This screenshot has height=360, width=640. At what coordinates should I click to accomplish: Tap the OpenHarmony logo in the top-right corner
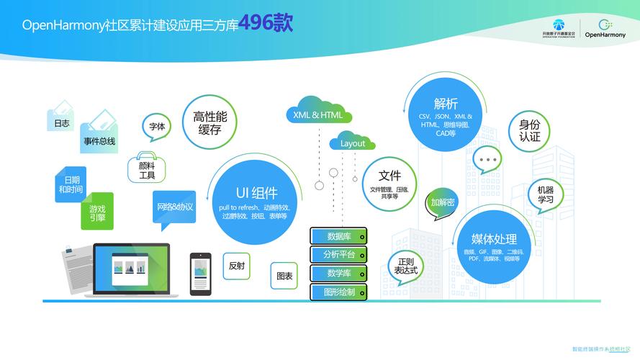point(605,28)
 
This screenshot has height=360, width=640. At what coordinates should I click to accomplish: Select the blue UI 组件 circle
point(256,195)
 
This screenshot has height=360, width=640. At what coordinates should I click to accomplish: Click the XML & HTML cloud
point(317,114)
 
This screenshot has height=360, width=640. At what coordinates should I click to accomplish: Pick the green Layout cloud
point(353,143)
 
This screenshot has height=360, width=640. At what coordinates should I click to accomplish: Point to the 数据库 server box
point(338,236)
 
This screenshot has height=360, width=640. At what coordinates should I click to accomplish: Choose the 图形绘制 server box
point(338,292)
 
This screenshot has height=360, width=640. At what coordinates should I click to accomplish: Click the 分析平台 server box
point(338,254)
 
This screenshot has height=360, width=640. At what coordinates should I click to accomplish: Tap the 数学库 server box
point(338,273)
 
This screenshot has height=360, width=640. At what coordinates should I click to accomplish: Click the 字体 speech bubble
point(157,127)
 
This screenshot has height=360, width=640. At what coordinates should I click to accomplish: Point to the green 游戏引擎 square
point(97,212)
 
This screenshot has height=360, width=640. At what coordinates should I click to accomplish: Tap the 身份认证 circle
point(529,130)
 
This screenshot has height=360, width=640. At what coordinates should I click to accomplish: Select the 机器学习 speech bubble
point(545,195)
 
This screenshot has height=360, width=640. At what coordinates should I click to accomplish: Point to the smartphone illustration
point(200,274)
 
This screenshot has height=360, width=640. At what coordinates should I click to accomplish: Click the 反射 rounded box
point(236,266)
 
